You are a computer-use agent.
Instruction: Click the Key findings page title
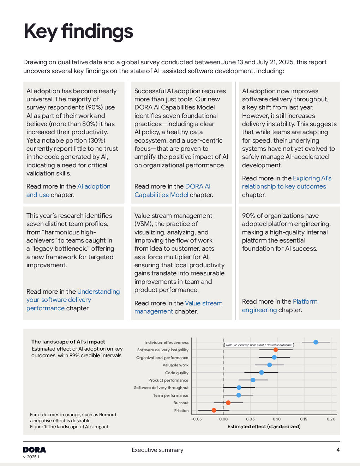[78, 32]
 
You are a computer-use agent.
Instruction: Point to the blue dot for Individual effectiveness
[316, 342]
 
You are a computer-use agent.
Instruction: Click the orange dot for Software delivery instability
[276, 350]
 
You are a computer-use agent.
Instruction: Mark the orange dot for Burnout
[228, 403]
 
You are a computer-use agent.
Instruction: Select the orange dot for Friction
[214, 410]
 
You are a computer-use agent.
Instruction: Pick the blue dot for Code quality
[262, 372]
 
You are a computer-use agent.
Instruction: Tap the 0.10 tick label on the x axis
[277, 419]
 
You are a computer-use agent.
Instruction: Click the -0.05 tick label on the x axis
[197, 419]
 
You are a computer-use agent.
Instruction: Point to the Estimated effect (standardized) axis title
[264, 426]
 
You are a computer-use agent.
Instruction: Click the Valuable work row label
[175, 365]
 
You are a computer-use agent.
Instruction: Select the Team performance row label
[170, 395]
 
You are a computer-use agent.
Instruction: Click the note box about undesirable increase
[259, 345]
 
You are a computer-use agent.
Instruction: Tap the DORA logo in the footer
[35, 450]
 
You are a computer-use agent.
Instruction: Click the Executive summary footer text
[157, 450]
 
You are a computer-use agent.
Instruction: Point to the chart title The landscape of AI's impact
[68, 342]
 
